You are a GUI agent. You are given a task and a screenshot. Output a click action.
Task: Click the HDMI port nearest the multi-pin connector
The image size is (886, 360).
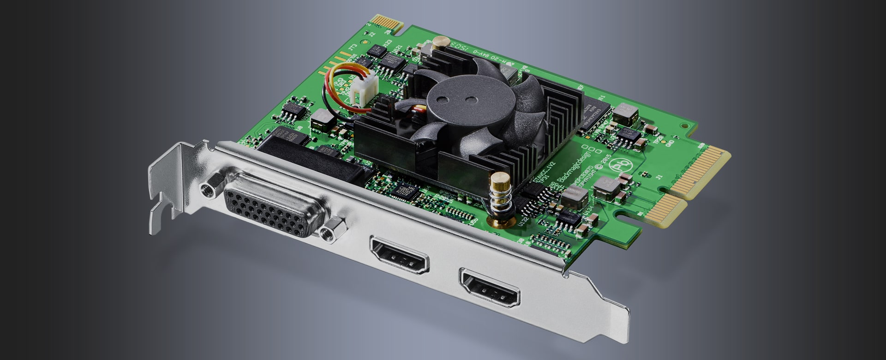400,255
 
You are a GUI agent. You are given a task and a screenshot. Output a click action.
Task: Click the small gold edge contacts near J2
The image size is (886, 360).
386,23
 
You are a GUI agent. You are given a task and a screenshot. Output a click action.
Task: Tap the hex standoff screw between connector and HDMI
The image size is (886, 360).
334,229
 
